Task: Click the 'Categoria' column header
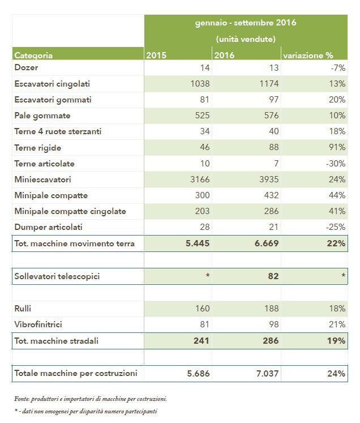click(33, 55)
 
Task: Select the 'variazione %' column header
click(308, 55)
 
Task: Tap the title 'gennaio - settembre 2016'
click(246, 23)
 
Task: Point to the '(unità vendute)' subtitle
click(246, 39)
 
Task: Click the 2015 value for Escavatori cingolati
click(200, 84)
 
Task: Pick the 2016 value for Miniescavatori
click(269, 179)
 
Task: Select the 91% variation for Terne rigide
click(337, 147)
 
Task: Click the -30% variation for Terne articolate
click(336, 164)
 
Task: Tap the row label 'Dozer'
click(26, 67)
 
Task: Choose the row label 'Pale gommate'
click(42, 116)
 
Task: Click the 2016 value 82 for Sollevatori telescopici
click(273, 276)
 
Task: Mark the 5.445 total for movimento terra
click(198, 243)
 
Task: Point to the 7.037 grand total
click(267, 373)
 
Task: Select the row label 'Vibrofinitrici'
click(38, 324)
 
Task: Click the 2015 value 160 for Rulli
click(202, 309)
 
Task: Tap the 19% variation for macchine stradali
click(336, 341)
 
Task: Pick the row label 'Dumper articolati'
click(48, 227)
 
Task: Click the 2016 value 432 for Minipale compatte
click(271, 195)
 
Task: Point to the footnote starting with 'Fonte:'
click(91, 399)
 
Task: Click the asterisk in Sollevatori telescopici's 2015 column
click(208, 275)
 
